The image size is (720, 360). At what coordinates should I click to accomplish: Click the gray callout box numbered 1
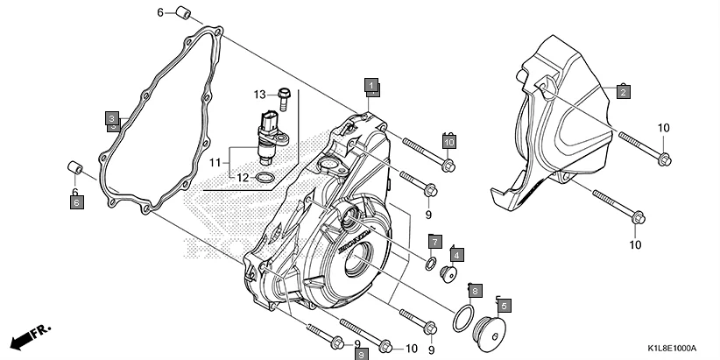coord(371,85)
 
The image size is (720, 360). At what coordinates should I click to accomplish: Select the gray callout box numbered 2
coord(623,92)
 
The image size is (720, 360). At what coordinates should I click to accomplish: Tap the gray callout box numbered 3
coord(112,118)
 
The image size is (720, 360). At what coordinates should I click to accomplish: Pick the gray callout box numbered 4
coord(458,254)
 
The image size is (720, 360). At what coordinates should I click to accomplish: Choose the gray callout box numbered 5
coord(504,306)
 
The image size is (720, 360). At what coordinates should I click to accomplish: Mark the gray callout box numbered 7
coord(435,241)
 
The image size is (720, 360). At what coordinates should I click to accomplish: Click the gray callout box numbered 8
coord(474,289)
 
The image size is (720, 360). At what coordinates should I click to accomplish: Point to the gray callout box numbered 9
coord(360,353)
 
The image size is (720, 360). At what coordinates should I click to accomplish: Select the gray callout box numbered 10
coord(448,142)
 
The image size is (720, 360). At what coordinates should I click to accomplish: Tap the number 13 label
coord(260,94)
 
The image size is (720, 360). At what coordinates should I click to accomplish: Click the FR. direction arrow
coord(30,336)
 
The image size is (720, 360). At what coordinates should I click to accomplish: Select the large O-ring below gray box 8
coord(465,318)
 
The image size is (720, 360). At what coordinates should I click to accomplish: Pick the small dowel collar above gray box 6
coord(75,168)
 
